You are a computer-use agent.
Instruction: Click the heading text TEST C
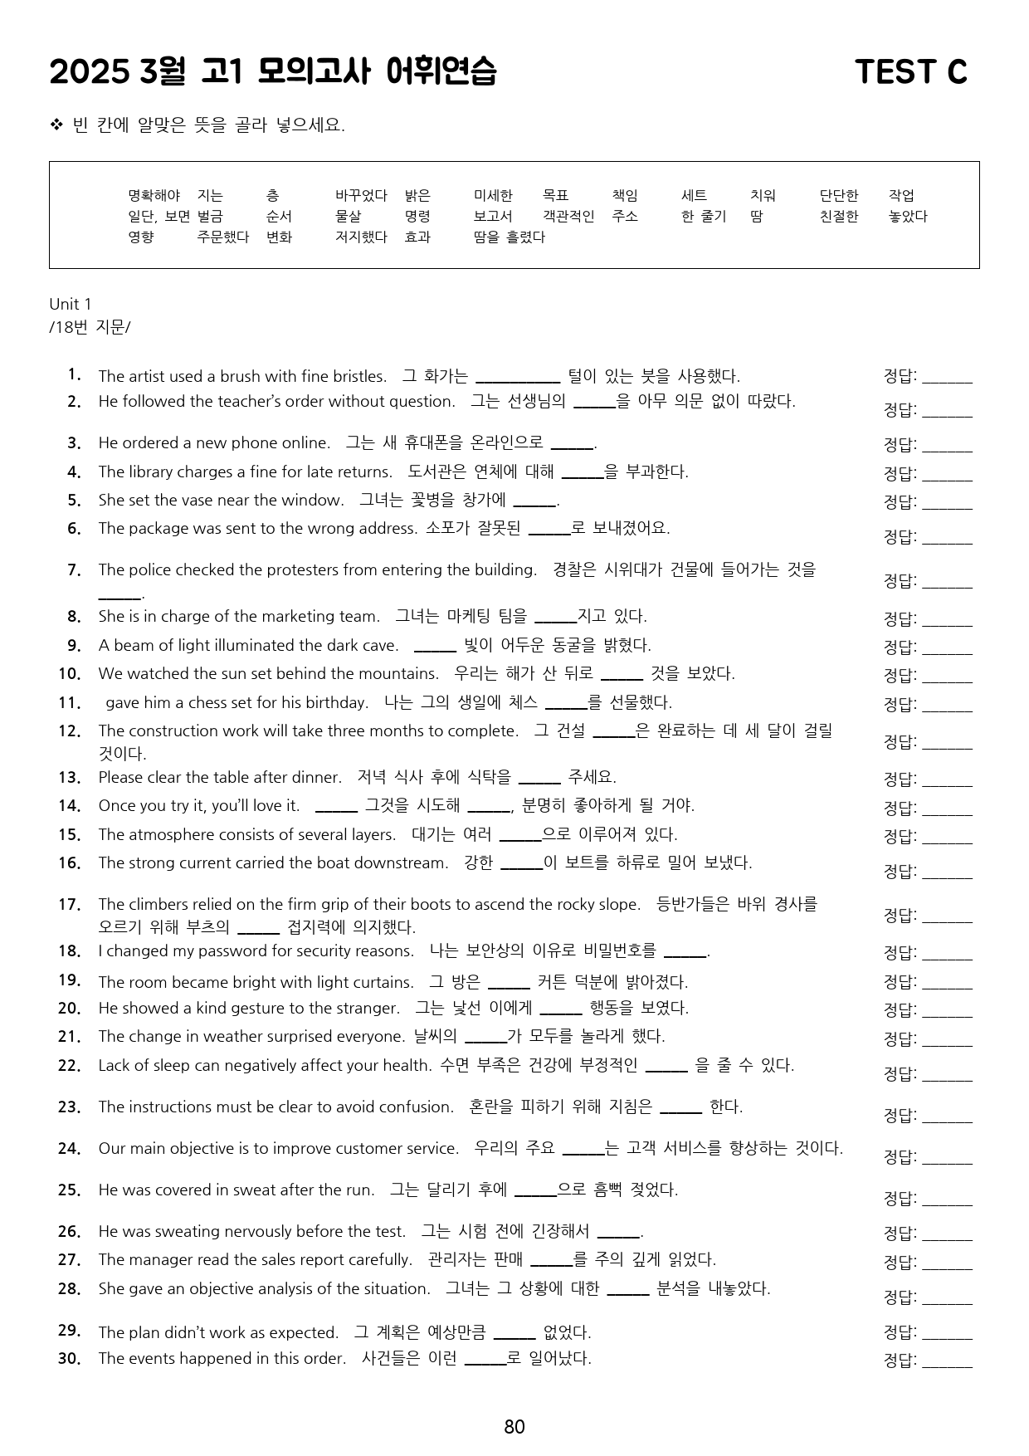click(910, 72)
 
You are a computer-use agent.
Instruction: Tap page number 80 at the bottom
click(514, 1426)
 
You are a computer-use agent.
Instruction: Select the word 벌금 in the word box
click(210, 217)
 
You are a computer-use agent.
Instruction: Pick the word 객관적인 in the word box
click(568, 217)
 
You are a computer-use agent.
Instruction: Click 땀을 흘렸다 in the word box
click(509, 237)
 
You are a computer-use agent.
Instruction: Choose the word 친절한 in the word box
click(838, 217)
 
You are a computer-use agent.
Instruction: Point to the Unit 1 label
click(71, 304)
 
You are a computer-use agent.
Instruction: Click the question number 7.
click(74, 570)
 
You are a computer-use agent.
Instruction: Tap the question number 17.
click(70, 904)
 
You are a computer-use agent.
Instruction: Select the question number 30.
click(70, 1358)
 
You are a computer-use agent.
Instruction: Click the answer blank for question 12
click(947, 743)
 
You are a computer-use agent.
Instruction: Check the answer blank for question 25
click(947, 1199)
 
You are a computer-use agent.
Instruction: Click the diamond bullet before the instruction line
click(56, 125)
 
